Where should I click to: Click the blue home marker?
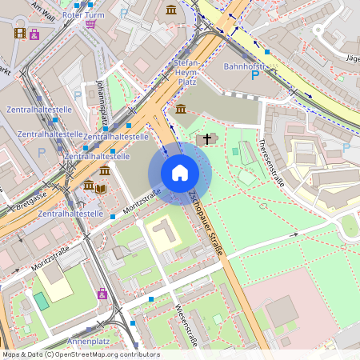pos(180,173)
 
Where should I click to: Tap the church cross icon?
pos(207,139)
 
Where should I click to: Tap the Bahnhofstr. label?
pos(242,66)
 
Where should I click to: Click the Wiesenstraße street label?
pos(186,326)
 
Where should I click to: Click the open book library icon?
pos(101,189)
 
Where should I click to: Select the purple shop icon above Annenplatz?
pos(102,294)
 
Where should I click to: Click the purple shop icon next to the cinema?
pos(34,34)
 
